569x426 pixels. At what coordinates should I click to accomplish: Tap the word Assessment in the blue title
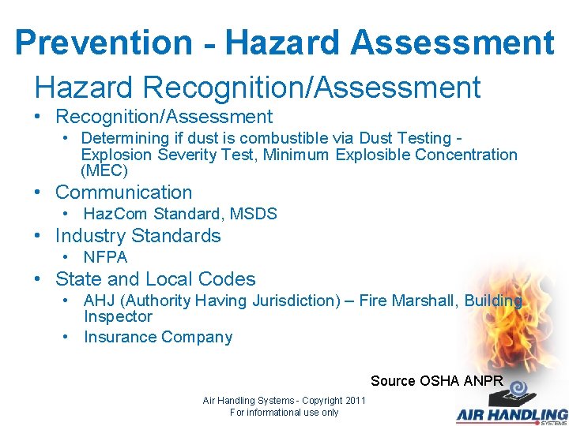455,43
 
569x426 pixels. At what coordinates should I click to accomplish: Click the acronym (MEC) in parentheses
104,170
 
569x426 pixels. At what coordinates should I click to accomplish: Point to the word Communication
123,192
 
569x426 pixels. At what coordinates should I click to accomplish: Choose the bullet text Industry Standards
138,236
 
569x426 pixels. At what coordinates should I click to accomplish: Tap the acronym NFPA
105,257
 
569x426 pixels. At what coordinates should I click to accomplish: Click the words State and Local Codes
156,279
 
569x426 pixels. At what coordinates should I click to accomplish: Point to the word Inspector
118,316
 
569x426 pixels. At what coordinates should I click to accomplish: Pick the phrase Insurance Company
158,338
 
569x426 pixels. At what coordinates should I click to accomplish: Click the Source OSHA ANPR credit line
437,381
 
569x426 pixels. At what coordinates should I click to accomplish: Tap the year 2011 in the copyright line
354,401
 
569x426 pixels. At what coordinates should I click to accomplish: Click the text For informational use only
284,413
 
